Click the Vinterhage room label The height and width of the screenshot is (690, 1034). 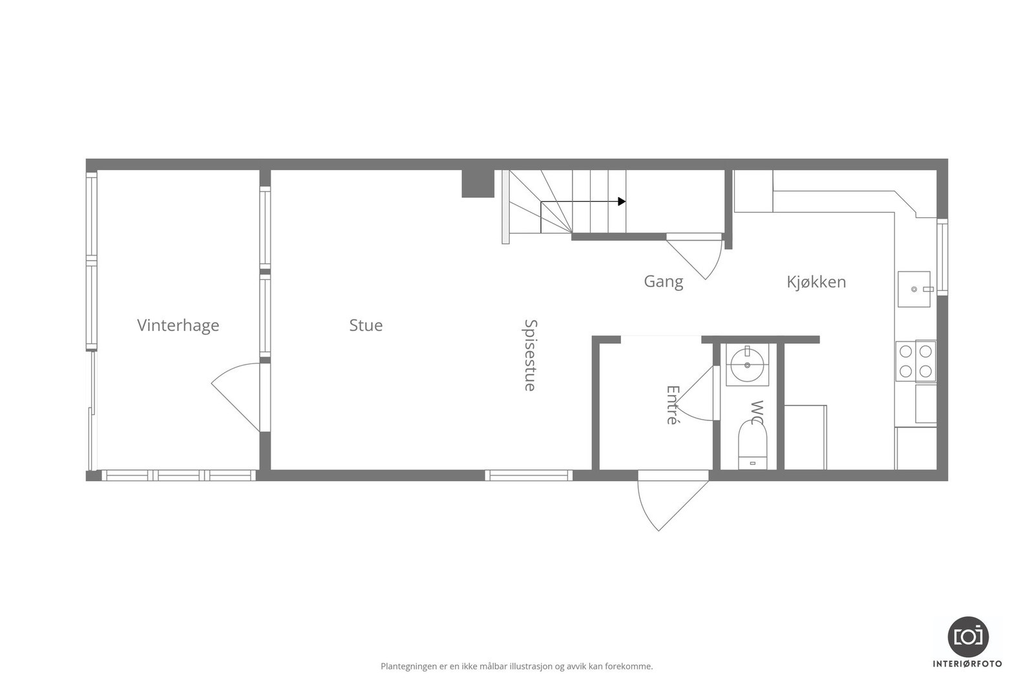click(x=178, y=325)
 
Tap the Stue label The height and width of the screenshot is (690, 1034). click(x=366, y=325)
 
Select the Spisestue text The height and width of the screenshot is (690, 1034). click(x=530, y=355)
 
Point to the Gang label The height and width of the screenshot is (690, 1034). click(x=663, y=281)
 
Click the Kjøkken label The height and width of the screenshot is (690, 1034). click(x=816, y=281)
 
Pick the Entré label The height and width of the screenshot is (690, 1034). click(x=673, y=405)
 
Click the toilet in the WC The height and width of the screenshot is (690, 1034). click(x=752, y=445)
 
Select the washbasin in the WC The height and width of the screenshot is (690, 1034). click(x=748, y=365)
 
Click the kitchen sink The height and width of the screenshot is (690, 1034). click(x=914, y=289)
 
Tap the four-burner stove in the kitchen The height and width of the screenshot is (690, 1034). click(x=916, y=361)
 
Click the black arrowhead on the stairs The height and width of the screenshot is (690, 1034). click(x=622, y=202)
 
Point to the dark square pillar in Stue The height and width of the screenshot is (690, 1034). click(x=478, y=184)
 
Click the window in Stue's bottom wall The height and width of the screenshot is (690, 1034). click(x=529, y=475)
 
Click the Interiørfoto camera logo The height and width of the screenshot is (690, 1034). click(x=967, y=636)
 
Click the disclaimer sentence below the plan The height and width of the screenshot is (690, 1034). click(x=516, y=666)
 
